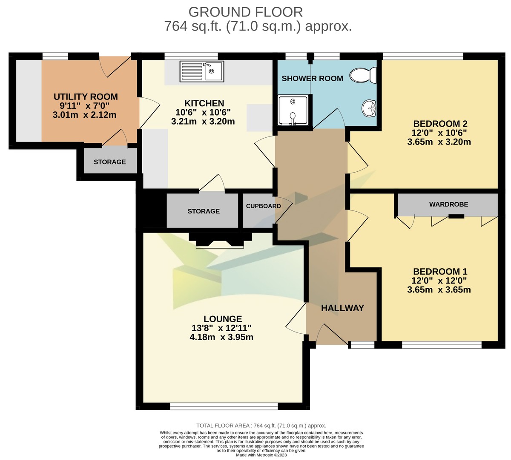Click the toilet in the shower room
[363, 76]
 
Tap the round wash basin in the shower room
[369, 108]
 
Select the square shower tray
[293, 110]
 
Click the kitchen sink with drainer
[202, 71]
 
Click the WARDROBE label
[448, 204]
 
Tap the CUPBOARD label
[263, 206]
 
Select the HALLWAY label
[342, 308]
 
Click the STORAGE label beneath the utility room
[109, 162]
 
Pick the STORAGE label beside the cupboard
[204, 211]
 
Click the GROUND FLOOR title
[246, 11]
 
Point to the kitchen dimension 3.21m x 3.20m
[203, 122]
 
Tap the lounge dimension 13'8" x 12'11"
[221, 328]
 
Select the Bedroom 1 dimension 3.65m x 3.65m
[439, 290]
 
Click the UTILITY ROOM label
[86, 97]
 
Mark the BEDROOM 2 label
[440, 124]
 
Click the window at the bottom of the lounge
[224, 406]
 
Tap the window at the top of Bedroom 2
[423, 56]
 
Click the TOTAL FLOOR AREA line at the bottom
[261, 426]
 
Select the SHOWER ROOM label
[312, 79]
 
